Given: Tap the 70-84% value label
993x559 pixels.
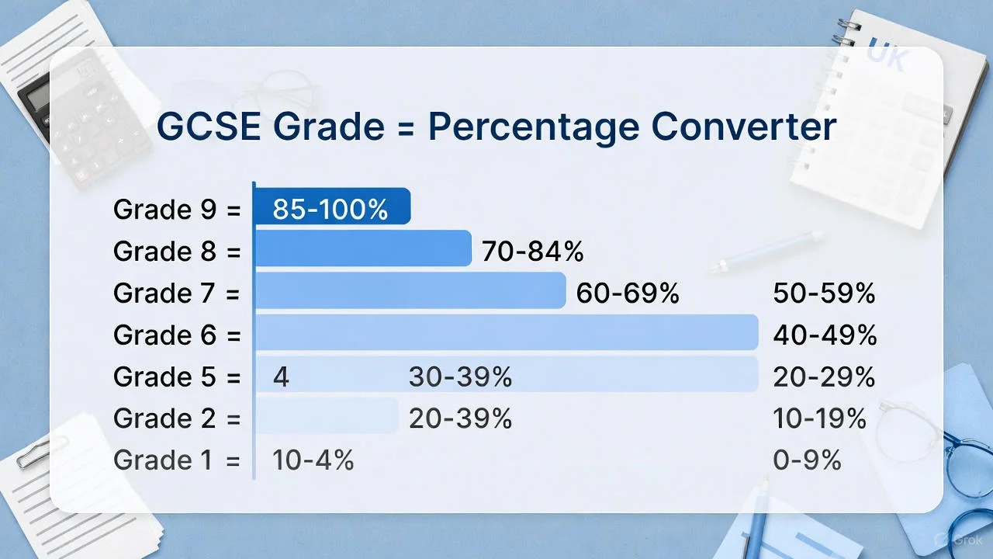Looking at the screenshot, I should click(x=532, y=252).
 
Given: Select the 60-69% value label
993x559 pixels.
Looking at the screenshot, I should click(x=628, y=293).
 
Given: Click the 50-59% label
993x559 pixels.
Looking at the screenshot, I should click(x=824, y=293).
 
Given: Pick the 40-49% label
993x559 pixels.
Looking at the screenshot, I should click(x=825, y=335).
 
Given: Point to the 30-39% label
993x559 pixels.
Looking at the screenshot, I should click(x=460, y=377).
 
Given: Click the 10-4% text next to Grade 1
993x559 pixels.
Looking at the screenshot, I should click(x=313, y=460).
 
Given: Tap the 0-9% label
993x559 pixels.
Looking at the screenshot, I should click(x=807, y=460).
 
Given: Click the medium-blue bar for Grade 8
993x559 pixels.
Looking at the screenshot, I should click(x=363, y=248).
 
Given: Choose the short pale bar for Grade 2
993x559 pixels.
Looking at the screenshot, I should click(x=327, y=416).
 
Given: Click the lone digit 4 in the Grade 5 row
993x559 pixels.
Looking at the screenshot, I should click(x=281, y=377).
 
